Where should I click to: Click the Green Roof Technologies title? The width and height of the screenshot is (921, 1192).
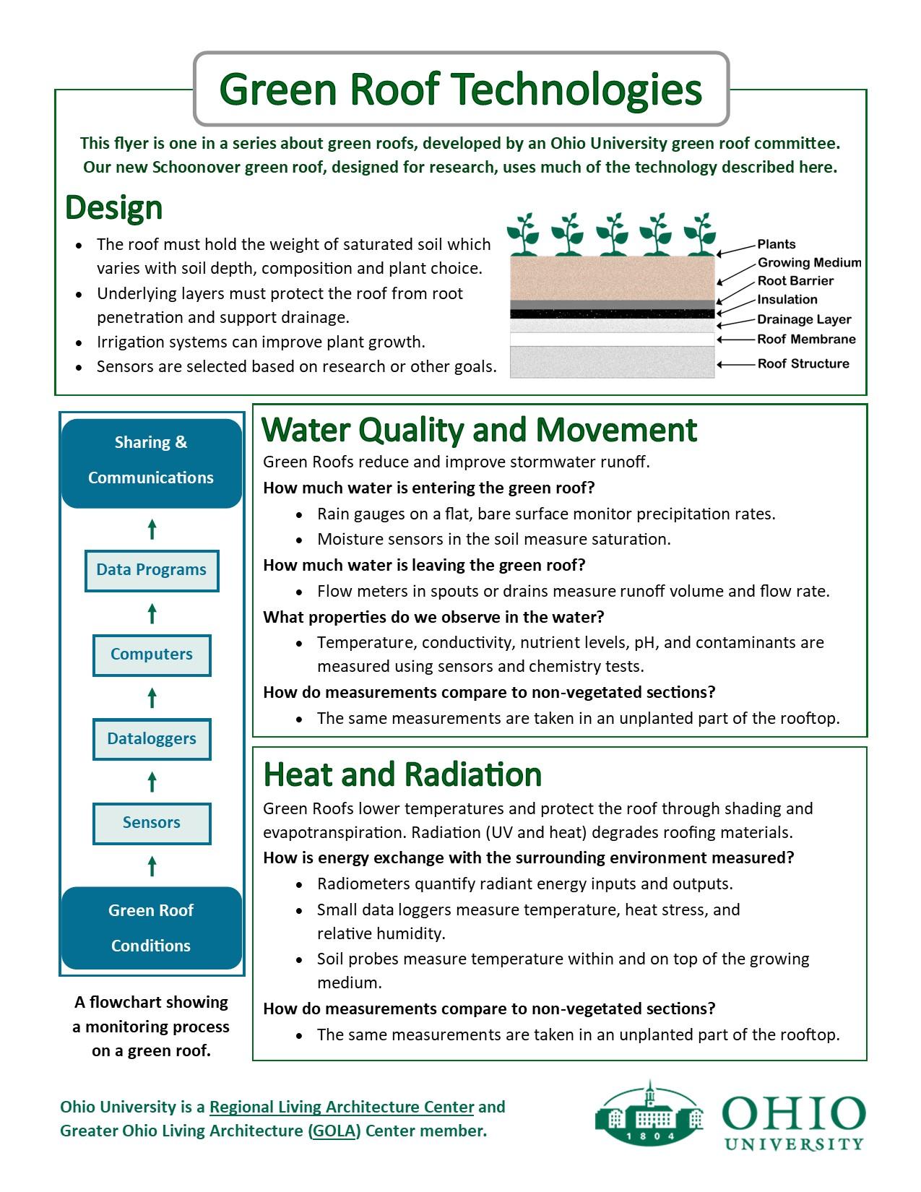click(x=461, y=89)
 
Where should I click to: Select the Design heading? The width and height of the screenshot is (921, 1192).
click(x=113, y=208)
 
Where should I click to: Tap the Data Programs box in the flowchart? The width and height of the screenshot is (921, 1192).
click(x=152, y=570)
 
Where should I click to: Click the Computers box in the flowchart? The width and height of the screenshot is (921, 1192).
click(x=152, y=655)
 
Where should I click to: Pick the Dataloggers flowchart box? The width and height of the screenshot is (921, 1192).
click(x=152, y=739)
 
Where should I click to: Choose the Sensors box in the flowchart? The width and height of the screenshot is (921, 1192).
click(x=152, y=823)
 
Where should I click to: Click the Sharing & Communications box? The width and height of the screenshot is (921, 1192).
click(x=151, y=460)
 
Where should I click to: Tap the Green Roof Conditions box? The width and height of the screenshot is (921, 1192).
click(x=151, y=928)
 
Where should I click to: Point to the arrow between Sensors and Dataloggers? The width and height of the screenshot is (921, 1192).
click(x=152, y=782)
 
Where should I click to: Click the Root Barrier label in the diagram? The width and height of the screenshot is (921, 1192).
click(x=795, y=281)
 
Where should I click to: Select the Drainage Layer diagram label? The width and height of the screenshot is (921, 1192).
click(x=803, y=319)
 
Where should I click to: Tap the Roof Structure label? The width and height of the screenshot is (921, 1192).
click(x=803, y=363)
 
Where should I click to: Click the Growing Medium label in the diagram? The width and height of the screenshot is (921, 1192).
click(x=809, y=263)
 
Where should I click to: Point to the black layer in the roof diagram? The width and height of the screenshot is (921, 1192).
click(x=612, y=314)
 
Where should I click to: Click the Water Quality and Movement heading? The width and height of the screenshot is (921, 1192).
click(x=479, y=430)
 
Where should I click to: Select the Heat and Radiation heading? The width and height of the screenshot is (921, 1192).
click(x=402, y=774)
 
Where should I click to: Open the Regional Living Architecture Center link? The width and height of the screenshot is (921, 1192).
click(x=342, y=1107)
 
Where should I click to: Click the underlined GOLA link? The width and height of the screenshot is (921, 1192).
click(x=334, y=1131)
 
